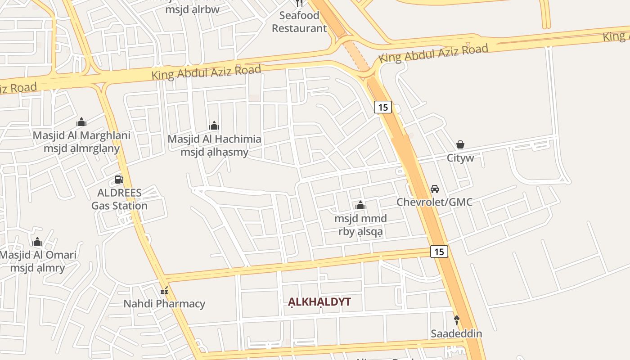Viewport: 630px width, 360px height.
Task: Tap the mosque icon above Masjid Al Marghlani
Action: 81,122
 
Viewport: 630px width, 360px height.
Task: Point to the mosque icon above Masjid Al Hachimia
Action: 214,126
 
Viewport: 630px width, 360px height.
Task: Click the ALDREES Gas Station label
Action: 119,199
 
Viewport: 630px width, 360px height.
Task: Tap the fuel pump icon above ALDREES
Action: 119,180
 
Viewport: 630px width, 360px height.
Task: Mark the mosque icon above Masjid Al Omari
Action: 37,242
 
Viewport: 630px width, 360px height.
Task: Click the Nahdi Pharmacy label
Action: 164,304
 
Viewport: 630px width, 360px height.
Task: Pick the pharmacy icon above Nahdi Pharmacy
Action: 164,291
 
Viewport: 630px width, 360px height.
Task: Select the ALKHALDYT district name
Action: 319,301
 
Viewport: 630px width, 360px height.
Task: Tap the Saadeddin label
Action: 456,333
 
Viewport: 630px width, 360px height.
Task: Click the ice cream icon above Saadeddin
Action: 456,320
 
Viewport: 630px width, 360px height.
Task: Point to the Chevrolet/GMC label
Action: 434,202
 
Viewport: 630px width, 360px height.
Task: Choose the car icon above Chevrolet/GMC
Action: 434,189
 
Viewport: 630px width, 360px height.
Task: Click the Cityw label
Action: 460,158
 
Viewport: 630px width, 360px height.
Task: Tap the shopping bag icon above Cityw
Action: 460,144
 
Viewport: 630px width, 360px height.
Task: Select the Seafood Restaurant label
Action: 299,22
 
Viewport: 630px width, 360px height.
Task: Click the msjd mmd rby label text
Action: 360,225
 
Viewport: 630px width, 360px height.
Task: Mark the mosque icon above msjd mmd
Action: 360,206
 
